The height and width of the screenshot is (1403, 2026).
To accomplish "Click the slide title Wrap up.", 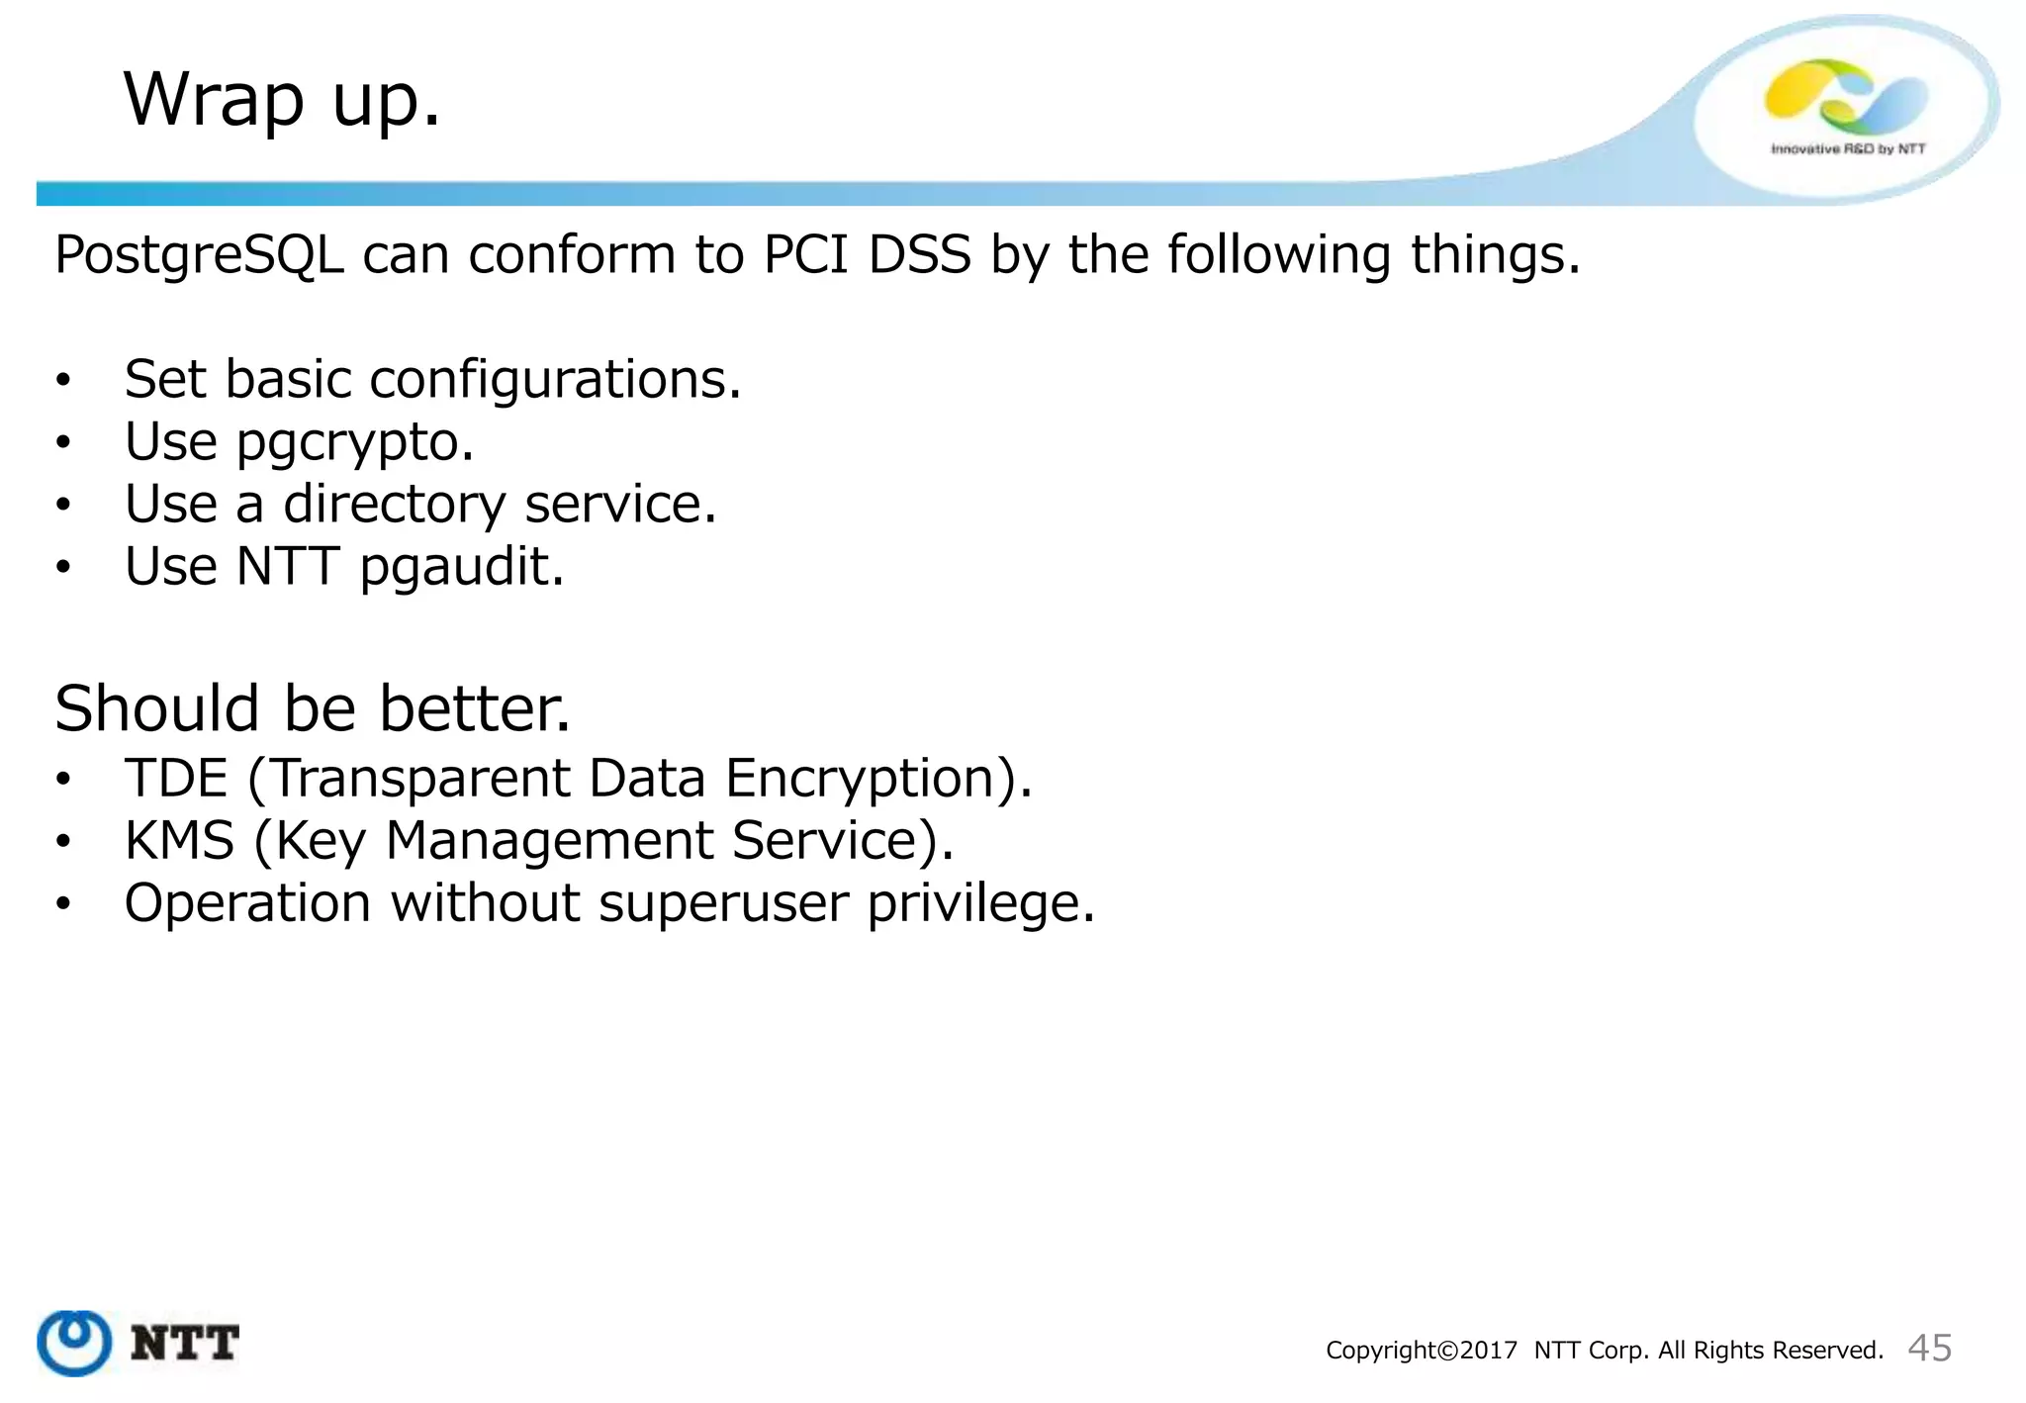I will tap(281, 100).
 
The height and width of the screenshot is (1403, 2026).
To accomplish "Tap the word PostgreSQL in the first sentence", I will tap(199, 255).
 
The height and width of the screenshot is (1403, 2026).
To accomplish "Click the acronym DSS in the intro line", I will tap(919, 255).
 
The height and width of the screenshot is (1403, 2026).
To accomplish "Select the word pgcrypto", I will tap(353, 442).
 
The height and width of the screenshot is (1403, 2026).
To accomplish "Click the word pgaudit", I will tap(460, 568).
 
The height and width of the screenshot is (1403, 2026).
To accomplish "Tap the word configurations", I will tap(554, 380).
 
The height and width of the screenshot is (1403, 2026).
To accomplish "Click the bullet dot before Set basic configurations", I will tap(63, 381).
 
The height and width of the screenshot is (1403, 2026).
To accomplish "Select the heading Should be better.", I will tap(313, 708).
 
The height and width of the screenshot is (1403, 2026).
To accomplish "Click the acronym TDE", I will tap(176, 778).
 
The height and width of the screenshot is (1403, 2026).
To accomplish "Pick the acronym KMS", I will tap(179, 841).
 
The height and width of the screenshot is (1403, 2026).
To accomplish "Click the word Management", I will tap(548, 841).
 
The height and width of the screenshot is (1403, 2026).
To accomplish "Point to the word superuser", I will tap(723, 903).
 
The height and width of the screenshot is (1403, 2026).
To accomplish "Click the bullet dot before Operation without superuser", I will tap(63, 903).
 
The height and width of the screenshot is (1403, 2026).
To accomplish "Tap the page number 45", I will tap(1929, 1348).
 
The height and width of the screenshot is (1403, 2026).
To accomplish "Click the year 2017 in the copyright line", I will tap(1488, 1351).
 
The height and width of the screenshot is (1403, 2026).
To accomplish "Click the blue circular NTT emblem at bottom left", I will tap(74, 1343).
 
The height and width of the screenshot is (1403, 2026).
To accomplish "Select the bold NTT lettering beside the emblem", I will tap(185, 1344).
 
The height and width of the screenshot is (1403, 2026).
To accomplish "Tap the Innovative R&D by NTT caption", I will tap(1847, 149).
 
